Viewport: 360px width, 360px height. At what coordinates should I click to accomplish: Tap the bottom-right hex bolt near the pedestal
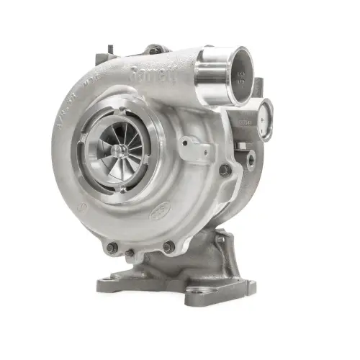[x=168, y=247]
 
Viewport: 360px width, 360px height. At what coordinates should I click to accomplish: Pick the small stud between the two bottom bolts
[x=130, y=253]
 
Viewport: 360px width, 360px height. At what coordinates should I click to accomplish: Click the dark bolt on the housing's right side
[x=225, y=170]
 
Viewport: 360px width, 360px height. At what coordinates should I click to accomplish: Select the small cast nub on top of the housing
[x=156, y=50]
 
